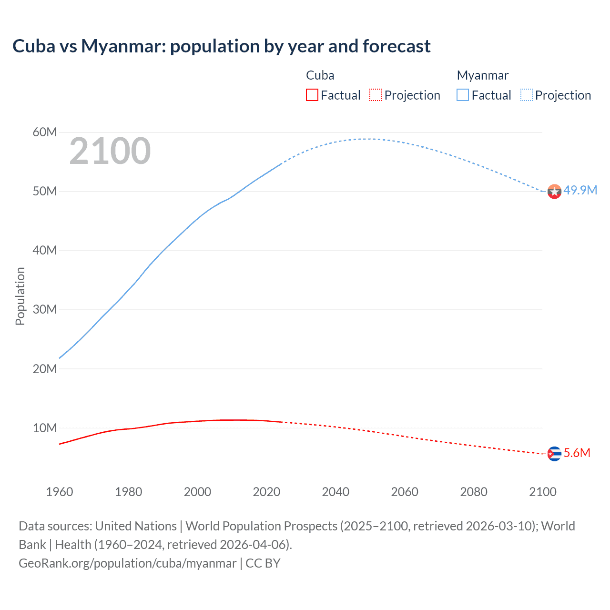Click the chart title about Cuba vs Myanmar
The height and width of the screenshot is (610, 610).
click(x=221, y=46)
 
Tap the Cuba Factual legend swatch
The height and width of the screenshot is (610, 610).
click(x=312, y=95)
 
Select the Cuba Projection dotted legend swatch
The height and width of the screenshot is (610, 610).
click(x=376, y=95)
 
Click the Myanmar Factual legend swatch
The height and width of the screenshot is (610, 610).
click(x=463, y=95)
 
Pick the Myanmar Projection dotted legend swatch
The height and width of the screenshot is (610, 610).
click(x=526, y=95)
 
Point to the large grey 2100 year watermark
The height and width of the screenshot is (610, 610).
click(x=110, y=151)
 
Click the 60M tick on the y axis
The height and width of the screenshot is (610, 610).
click(x=45, y=132)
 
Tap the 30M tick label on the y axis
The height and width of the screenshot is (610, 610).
click(x=45, y=310)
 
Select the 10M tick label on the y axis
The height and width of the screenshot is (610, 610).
click(x=45, y=428)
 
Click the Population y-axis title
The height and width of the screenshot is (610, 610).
click(x=20, y=296)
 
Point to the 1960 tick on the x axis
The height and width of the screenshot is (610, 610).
click(x=60, y=492)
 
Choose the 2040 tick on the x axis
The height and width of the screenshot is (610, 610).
click(x=335, y=492)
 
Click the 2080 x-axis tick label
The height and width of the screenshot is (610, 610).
click(x=474, y=492)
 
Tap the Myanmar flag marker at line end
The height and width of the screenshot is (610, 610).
click(x=554, y=192)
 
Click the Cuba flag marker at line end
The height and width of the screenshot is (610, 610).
click(x=554, y=454)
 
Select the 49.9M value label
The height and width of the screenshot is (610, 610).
click(x=580, y=191)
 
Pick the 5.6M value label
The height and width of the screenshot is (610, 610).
click(x=577, y=453)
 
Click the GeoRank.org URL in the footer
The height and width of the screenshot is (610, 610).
click(x=127, y=563)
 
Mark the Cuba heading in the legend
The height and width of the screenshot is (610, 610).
click(x=320, y=75)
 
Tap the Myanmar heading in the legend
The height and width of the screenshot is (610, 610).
click(x=482, y=75)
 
